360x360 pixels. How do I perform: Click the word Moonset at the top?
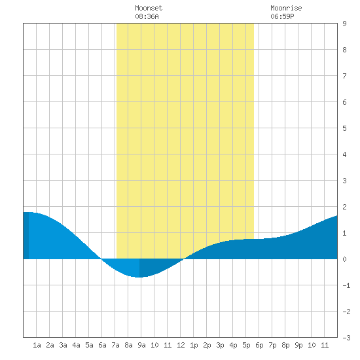point(149,8)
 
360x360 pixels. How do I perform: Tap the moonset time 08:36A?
point(147,16)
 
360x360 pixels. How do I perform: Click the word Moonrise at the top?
point(286,8)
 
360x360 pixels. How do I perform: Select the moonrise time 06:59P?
point(282,16)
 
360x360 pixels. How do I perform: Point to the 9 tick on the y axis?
point(344,24)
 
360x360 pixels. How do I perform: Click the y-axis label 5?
point(344,128)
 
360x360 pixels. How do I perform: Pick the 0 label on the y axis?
point(344,259)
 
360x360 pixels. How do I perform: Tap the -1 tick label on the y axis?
point(346,285)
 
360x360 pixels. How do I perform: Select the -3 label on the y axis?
point(346,338)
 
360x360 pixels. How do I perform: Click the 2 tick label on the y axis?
point(344,207)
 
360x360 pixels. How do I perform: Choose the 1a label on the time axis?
point(37,345)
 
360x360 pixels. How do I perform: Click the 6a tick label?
point(102,345)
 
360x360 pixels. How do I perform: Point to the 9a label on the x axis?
point(141,345)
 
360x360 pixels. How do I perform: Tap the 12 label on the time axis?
point(181,345)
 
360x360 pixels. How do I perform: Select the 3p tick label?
point(220,345)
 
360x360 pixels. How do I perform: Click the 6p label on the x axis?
point(259,345)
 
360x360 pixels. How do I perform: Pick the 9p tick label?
point(298,345)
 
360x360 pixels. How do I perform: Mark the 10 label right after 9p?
point(312,345)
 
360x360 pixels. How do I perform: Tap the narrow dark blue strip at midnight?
point(26,236)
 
